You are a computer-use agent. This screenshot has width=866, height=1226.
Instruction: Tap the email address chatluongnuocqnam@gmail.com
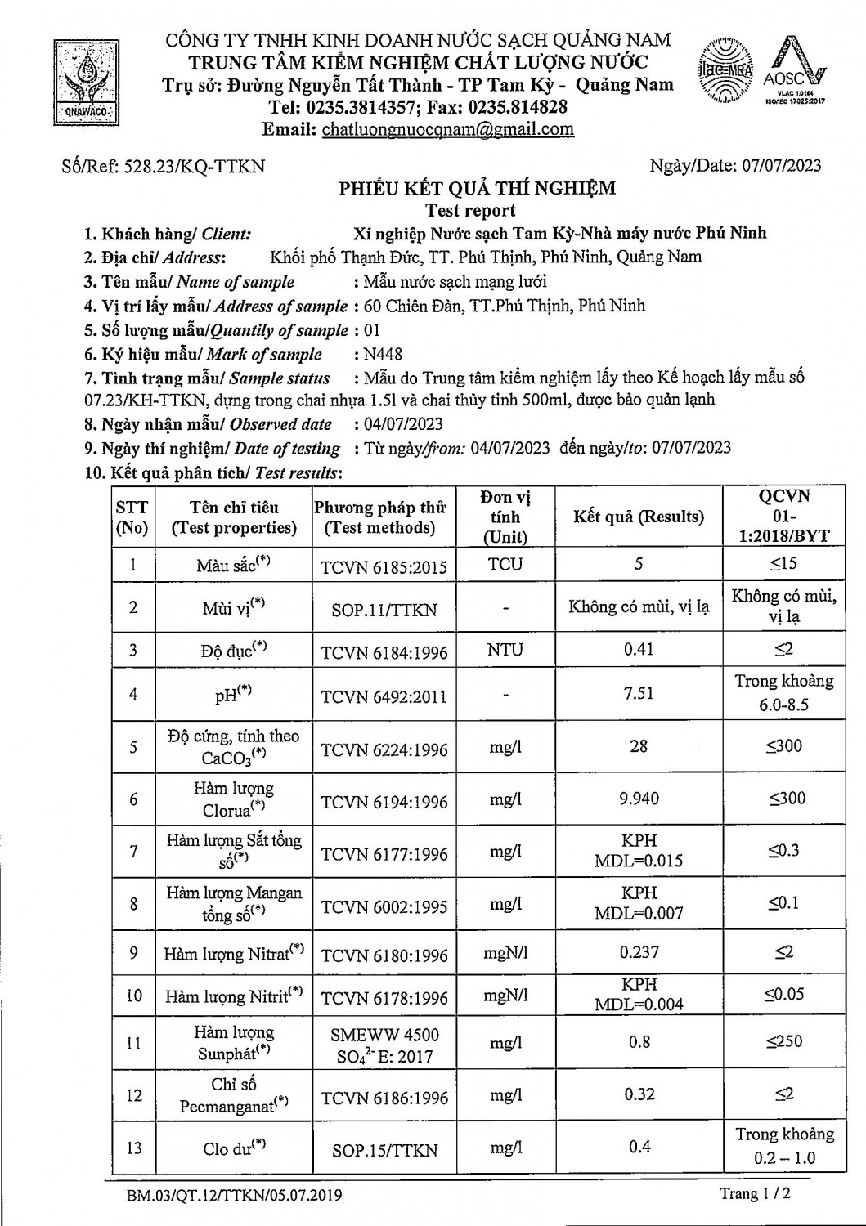click(x=447, y=129)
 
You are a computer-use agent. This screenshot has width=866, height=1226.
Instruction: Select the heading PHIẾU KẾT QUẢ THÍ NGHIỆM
click(x=478, y=189)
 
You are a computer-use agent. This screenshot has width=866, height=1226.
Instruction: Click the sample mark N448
click(x=384, y=354)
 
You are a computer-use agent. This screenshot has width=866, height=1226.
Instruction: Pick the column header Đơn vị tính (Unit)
click(x=505, y=517)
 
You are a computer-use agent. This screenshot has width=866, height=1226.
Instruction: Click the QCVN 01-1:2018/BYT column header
click(x=783, y=517)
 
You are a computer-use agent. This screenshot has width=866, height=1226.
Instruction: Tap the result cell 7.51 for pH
click(x=638, y=693)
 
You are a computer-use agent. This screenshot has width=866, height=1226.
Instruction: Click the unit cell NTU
click(x=505, y=650)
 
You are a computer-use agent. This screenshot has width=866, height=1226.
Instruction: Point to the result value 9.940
click(x=638, y=799)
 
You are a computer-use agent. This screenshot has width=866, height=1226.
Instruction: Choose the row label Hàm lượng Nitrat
click(x=233, y=954)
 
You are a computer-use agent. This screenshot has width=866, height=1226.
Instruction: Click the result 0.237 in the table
click(x=639, y=952)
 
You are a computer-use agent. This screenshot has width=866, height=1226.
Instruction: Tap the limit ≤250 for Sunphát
click(x=783, y=1042)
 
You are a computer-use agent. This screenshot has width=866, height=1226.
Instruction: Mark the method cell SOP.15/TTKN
click(x=384, y=1149)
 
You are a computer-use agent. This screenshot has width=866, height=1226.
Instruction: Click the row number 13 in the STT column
click(x=133, y=1148)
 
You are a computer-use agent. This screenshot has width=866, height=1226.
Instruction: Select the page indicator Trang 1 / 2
click(x=755, y=1194)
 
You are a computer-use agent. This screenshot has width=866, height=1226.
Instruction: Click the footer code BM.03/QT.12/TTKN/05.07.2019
click(x=234, y=1196)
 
